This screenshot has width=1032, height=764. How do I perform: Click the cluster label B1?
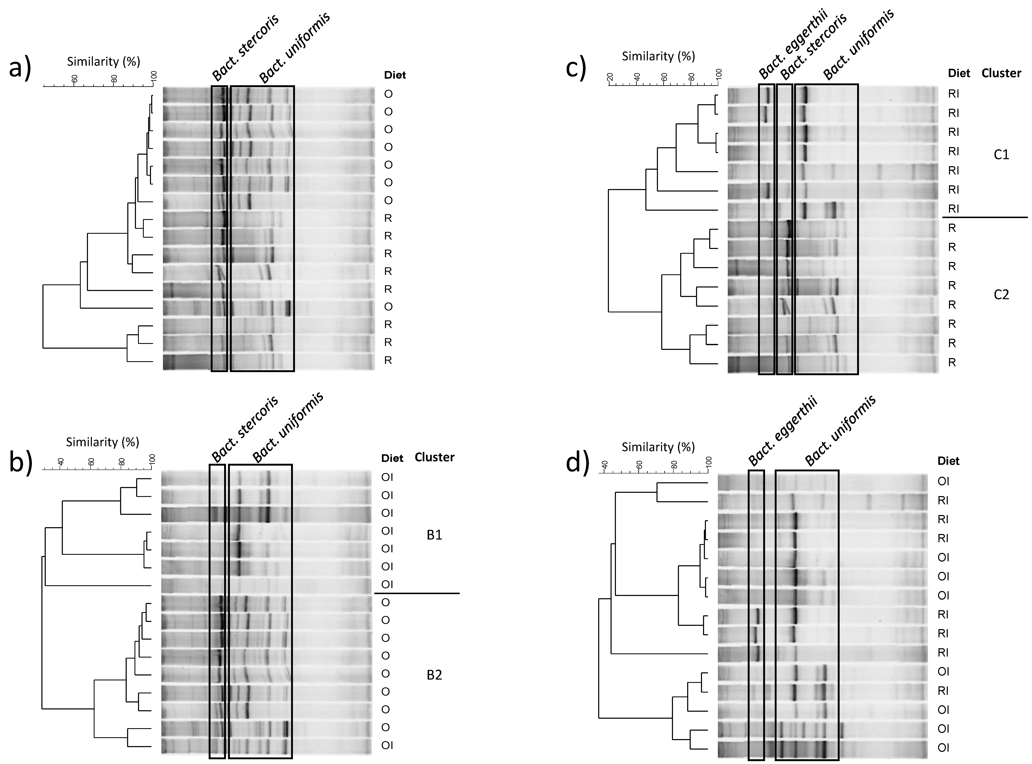click(x=434, y=535)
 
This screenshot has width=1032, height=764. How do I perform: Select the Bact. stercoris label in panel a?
click(x=245, y=48)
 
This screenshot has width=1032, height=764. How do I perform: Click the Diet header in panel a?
click(x=395, y=75)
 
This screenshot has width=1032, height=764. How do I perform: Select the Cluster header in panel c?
click(x=1001, y=73)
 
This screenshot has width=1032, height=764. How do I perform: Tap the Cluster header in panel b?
click(x=434, y=457)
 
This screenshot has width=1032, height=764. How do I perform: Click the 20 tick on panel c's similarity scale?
click(x=610, y=77)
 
